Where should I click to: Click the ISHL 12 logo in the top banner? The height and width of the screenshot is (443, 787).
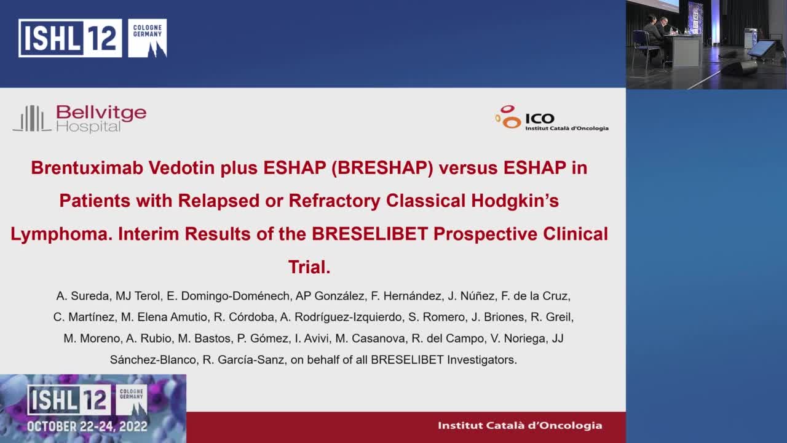pos(70,38)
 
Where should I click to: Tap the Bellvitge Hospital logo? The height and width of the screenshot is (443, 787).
pos(80,118)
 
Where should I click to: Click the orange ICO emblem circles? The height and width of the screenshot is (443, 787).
pos(508,117)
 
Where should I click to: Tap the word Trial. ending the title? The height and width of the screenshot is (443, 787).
pos(309,268)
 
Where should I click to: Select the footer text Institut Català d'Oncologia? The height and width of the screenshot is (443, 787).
pos(520,425)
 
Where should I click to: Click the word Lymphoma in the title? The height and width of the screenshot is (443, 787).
pos(61,234)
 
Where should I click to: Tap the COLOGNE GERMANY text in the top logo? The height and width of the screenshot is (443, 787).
pos(148,31)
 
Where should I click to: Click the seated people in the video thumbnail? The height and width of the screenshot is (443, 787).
pos(655,31)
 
